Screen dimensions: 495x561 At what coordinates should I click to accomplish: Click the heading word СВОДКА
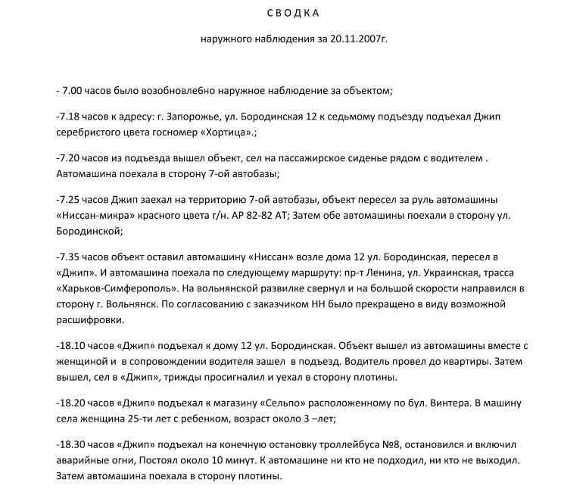[293, 13]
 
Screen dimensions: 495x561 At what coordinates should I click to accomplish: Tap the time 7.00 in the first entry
[73, 91]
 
